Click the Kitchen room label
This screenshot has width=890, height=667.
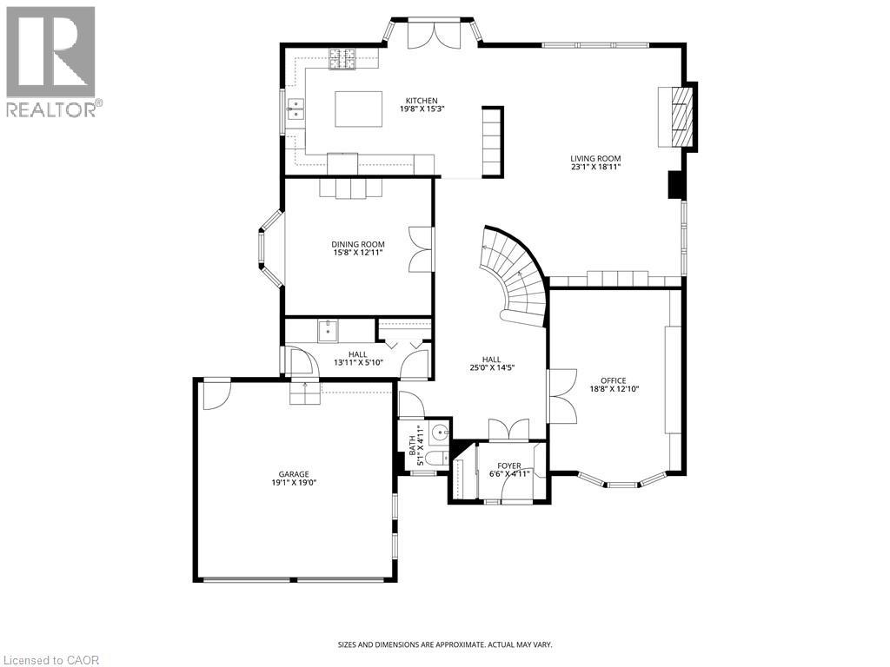[419, 101]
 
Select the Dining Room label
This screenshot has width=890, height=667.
[357, 244]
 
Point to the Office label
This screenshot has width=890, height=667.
[614, 380]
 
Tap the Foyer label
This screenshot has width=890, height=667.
[509, 466]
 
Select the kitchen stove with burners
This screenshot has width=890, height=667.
[342, 59]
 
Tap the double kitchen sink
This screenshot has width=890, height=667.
[296, 108]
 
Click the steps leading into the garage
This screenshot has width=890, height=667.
[305, 393]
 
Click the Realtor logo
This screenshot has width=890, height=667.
[51, 61]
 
